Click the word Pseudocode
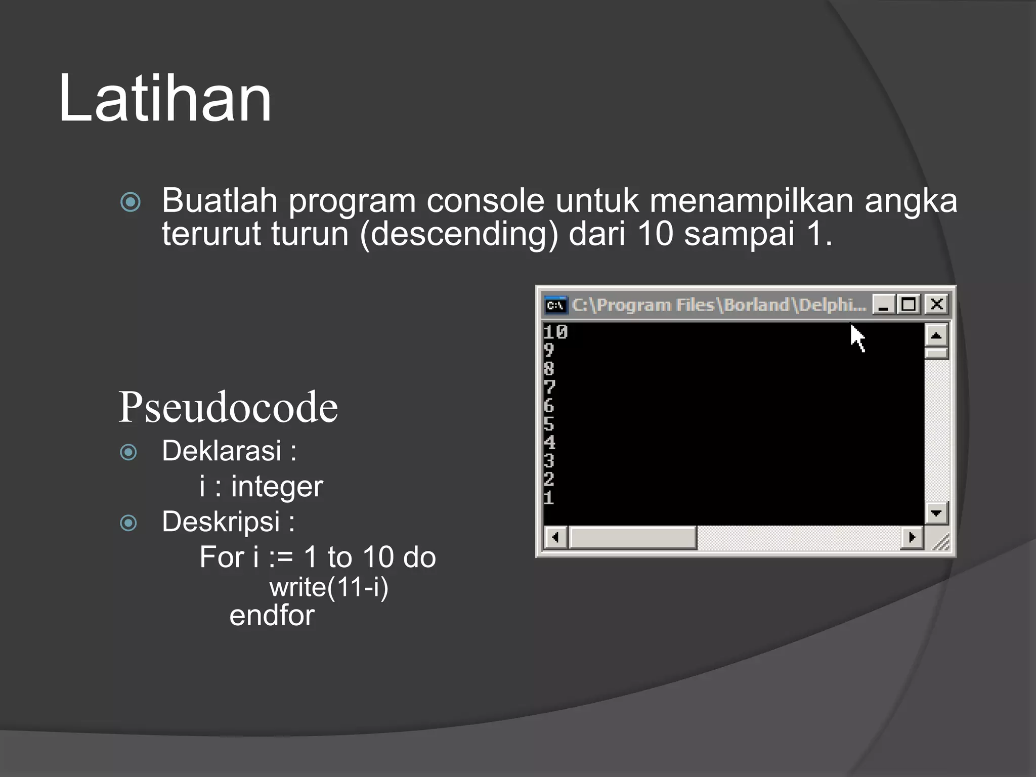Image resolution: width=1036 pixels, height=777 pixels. (x=228, y=407)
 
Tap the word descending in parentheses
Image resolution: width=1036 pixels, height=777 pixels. (x=459, y=234)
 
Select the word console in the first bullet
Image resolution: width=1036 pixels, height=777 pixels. (x=485, y=201)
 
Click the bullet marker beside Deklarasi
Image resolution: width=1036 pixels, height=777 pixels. (x=128, y=452)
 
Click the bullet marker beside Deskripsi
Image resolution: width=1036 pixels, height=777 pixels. (x=128, y=523)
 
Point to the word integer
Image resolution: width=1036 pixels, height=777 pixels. (x=277, y=487)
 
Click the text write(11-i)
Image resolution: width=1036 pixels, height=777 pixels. (x=329, y=588)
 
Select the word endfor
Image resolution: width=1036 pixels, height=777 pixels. (x=272, y=616)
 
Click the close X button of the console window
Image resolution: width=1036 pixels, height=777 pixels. (x=936, y=305)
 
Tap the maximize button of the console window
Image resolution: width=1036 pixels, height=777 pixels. (x=909, y=305)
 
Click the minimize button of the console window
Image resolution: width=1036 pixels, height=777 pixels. (x=883, y=305)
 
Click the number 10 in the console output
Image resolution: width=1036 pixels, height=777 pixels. (x=555, y=332)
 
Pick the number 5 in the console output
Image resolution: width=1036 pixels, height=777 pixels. (x=549, y=424)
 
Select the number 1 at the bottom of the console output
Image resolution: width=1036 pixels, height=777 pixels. (x=549, y=498)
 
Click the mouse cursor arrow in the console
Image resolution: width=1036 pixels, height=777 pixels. (x=857, y=337)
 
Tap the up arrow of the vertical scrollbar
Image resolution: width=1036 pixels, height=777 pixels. (x=936, y=335)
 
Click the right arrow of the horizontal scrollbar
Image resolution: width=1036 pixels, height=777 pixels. (x=912, y=537)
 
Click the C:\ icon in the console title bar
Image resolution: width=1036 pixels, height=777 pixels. (x=555, y=305)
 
